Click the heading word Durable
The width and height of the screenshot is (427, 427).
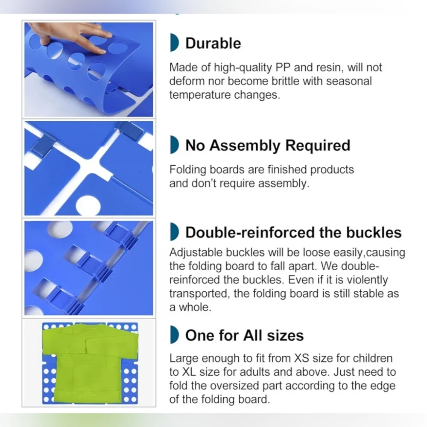(x=213, y=43)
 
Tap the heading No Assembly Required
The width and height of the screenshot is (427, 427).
(x=268, y=146)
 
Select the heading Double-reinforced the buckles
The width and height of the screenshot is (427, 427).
(x=294, y=233)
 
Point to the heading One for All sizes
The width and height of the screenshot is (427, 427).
(x=244, y=335)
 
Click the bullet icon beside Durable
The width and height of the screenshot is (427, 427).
(x=174, y=42)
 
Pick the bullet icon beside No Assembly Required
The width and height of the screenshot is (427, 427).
(x=174, y=145)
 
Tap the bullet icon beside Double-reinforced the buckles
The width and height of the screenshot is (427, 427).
(x=174, y=232)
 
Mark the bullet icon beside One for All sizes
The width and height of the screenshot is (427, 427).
(x=174, y=334)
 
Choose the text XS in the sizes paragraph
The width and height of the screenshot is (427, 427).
(x=301, y=358)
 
